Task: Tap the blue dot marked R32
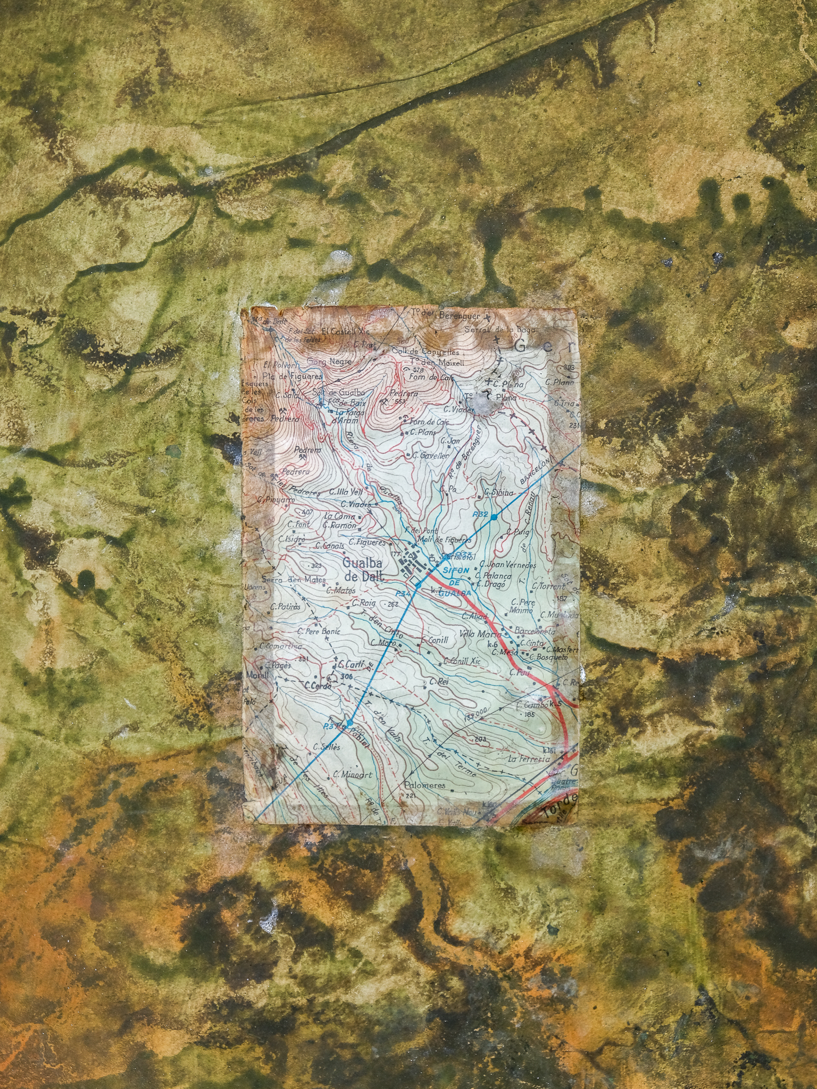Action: [494, 517]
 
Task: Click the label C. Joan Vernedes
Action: [507, 565]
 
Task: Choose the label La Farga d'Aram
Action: [346, 415]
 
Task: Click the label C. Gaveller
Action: [430, 455]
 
